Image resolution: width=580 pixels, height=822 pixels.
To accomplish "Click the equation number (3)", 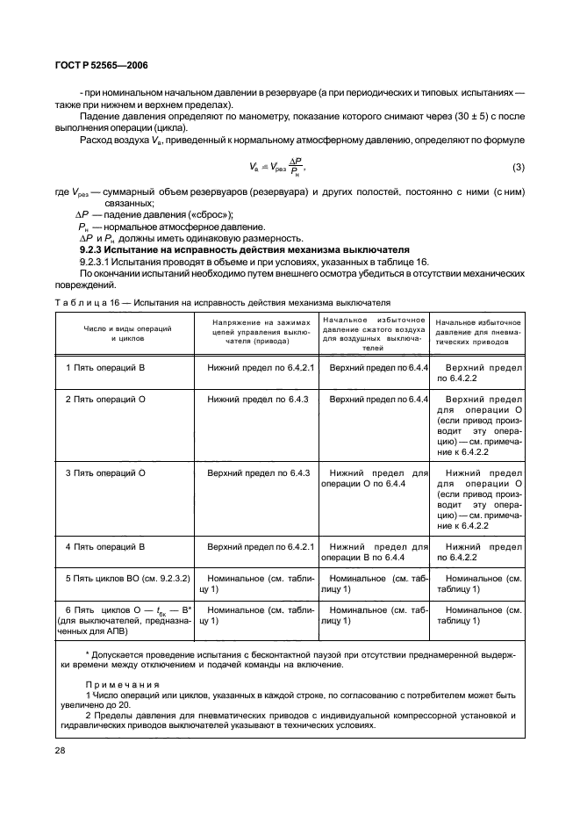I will tap(519, 167).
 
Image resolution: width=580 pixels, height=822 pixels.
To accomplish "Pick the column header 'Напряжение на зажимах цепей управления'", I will tap(260, 332).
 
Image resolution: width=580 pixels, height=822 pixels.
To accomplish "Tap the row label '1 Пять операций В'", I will tap(105, 366).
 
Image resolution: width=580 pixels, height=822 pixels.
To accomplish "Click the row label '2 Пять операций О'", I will tap(105, 399).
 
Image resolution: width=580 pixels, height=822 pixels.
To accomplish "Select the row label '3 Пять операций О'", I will tap(105, 472).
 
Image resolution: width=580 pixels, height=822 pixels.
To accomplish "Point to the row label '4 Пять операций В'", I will tap(105, 546).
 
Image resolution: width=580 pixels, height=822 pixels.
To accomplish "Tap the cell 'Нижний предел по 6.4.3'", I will tap(259, 399).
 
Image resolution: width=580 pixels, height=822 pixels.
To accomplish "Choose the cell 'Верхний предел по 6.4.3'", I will tap(259, 472).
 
